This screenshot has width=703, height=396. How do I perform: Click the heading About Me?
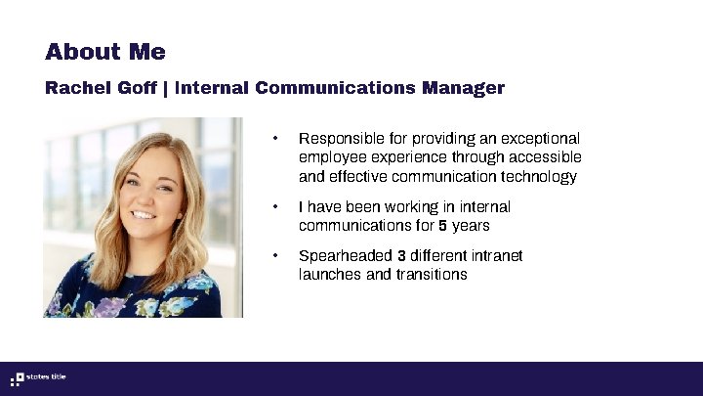105,52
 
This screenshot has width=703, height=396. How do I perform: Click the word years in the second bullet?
471,226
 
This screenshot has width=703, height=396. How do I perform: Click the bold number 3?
401,256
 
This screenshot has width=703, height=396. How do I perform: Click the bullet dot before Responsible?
276,139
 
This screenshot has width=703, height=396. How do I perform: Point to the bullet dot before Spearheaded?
276,256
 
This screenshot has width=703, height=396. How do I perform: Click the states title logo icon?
17,379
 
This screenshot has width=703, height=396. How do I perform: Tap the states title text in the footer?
47,378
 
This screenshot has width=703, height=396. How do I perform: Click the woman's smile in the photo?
144,215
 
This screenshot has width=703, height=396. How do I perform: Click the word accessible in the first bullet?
548,157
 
